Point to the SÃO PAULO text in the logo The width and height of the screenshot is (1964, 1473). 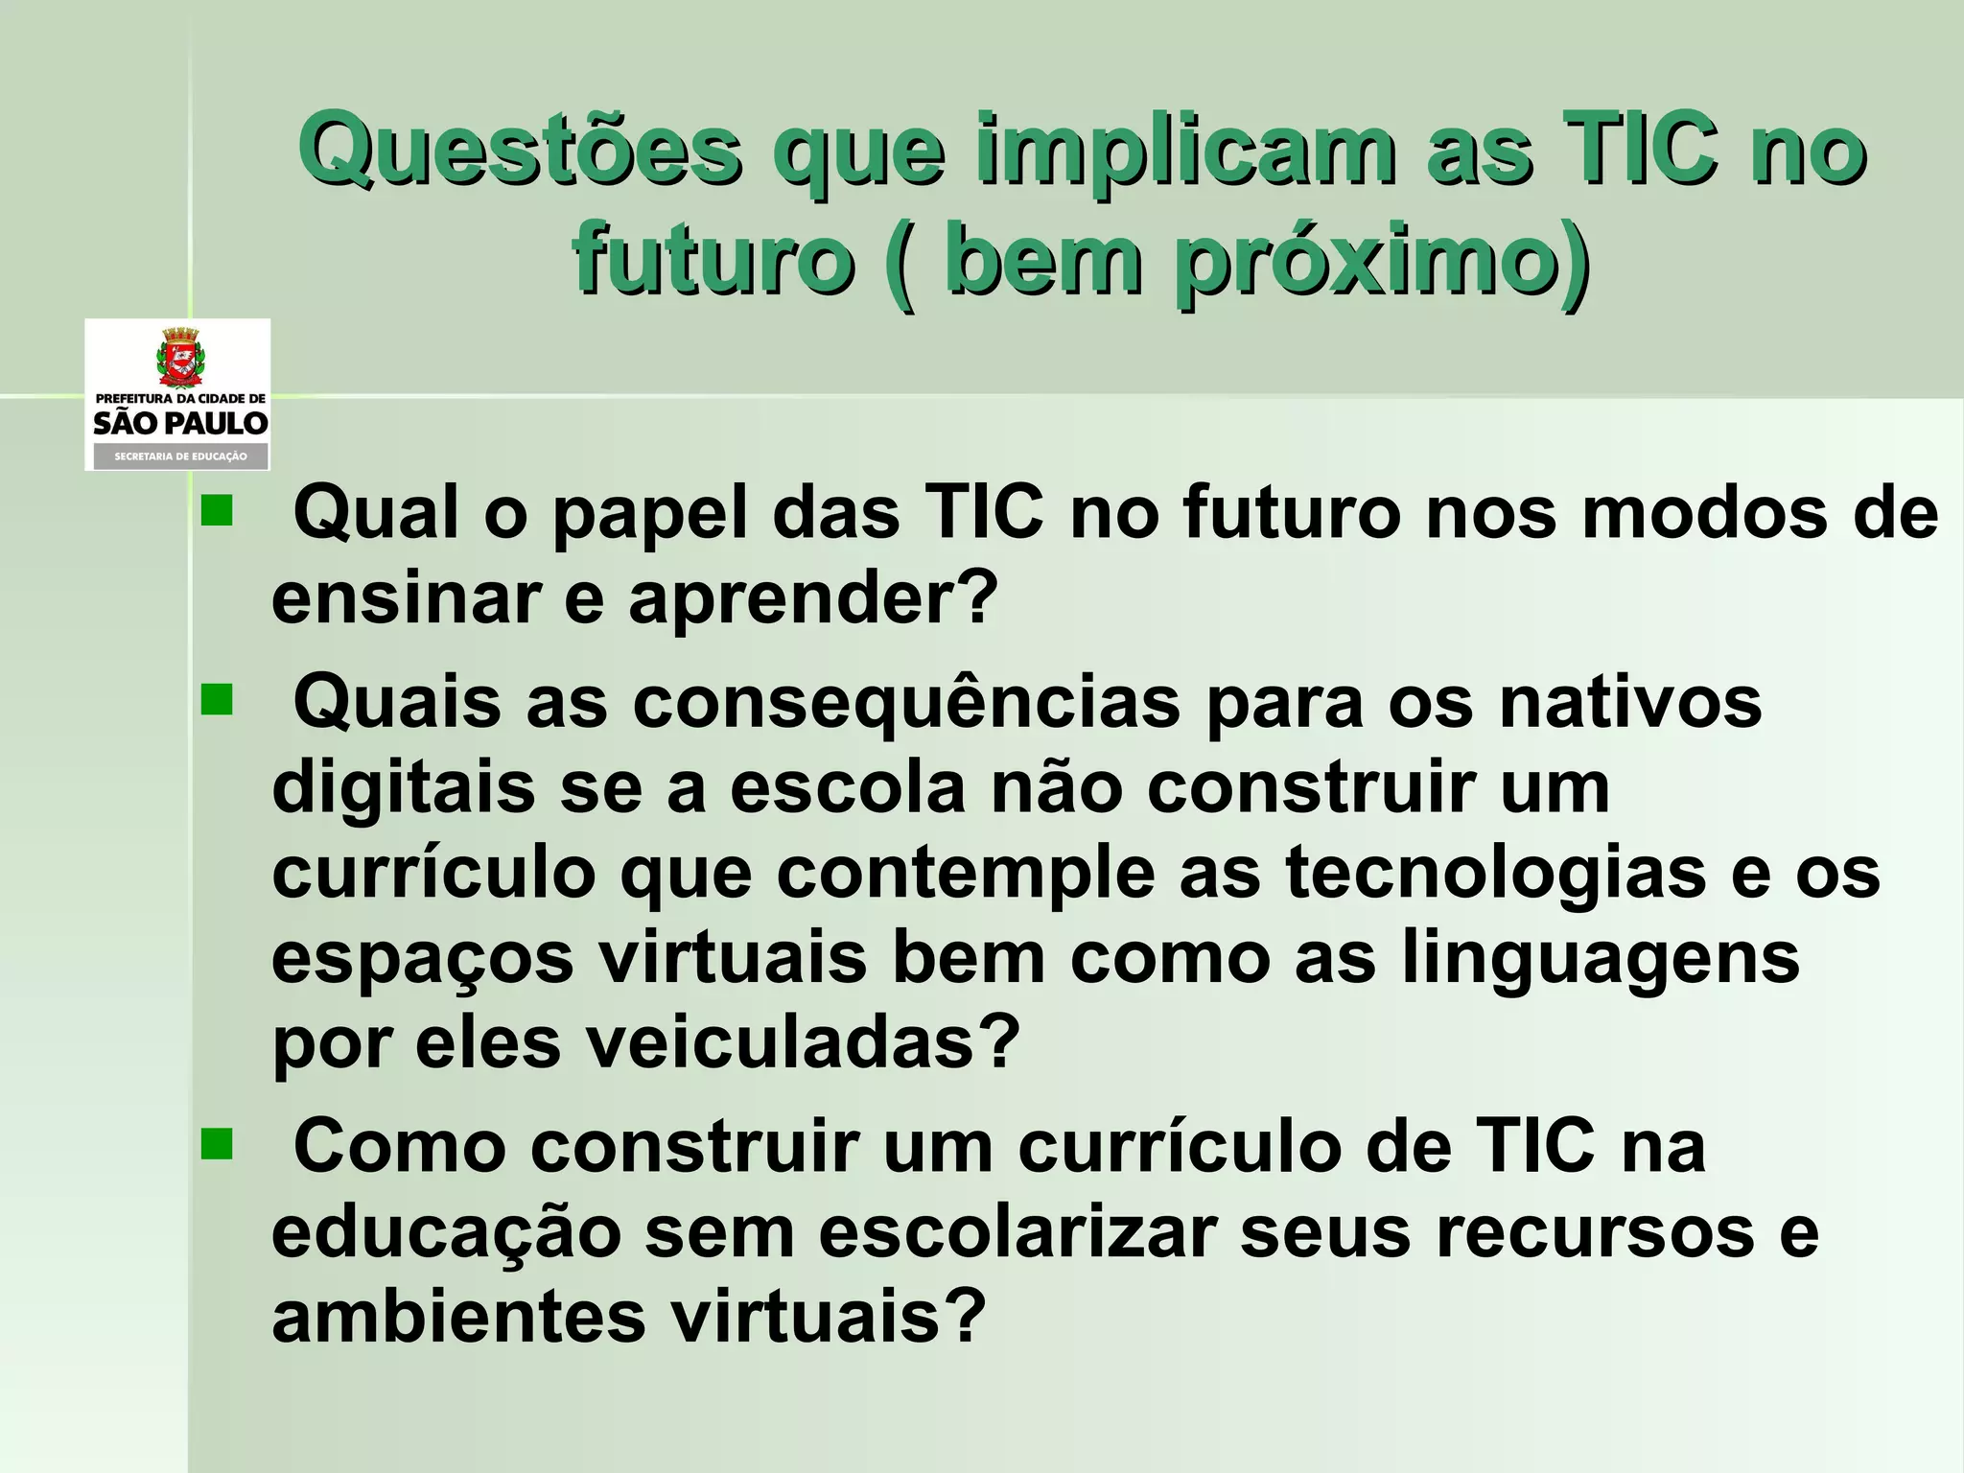(179, 423)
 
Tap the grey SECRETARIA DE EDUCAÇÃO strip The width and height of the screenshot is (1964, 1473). (179, 456)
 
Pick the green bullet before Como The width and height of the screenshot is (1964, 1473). (217, 1144)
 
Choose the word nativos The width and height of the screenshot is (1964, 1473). (1630, 703)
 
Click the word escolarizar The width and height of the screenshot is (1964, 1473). (1017, 1231)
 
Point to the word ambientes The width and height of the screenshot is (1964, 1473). (459, 1317)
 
